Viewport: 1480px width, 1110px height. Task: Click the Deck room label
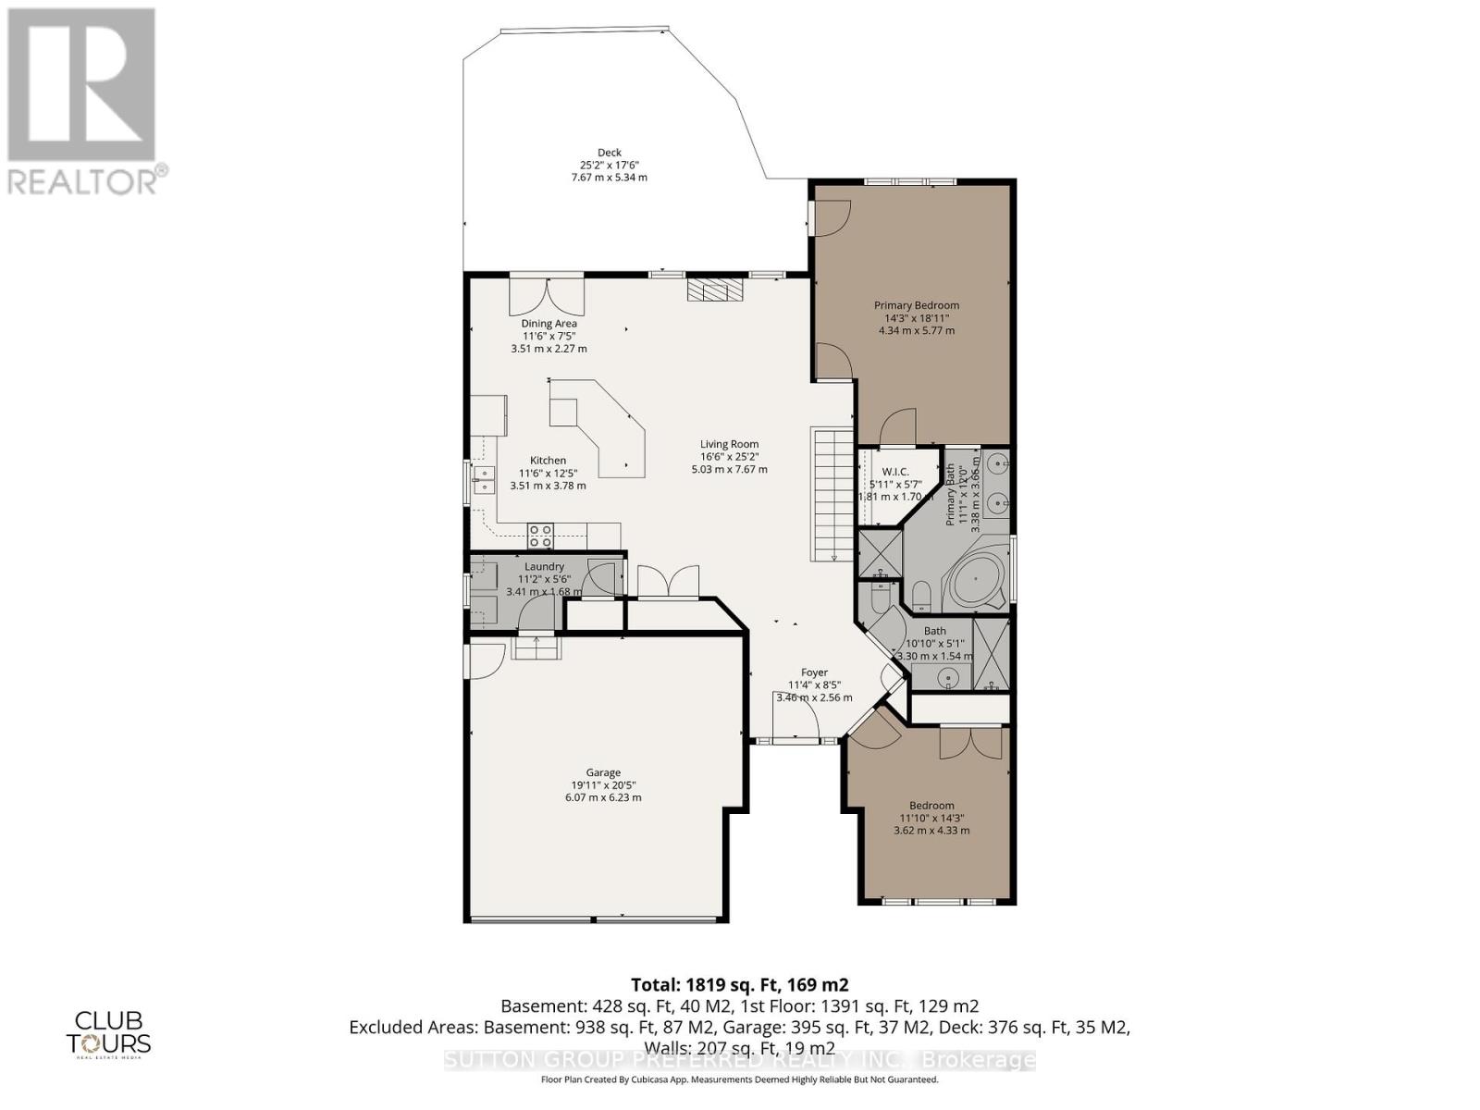[609, 153]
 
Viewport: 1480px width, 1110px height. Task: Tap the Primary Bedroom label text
[917, 305]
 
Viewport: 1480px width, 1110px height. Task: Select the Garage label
[602, 772]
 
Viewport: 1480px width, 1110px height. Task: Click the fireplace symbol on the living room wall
[715, 290]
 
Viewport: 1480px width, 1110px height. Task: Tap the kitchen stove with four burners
[540, 535]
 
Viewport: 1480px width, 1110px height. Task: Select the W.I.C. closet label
[895, 472]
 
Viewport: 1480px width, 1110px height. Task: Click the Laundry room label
[544, 567]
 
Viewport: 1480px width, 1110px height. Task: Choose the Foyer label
[814, 672]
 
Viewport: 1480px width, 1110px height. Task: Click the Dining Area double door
[547, 296]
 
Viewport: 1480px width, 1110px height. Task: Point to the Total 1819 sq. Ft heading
[739, 984]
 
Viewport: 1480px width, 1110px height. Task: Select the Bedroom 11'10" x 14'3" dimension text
[931, 818]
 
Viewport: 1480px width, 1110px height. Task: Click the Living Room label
[729, 444]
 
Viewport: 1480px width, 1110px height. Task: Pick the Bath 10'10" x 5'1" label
[934, 631]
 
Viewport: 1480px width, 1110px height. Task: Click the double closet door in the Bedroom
[970, 744]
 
